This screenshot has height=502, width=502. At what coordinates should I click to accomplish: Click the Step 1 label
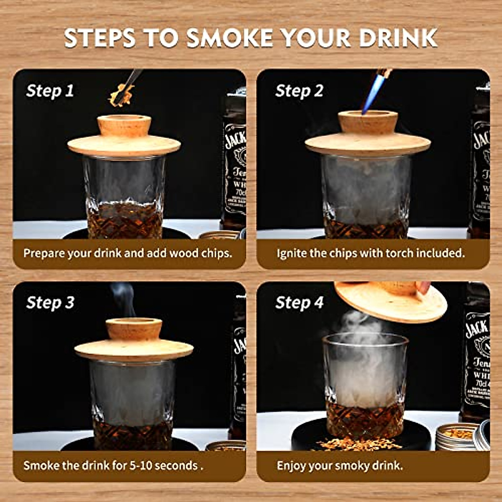click(50, 91)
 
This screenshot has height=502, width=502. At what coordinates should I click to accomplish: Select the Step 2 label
click(299, 91)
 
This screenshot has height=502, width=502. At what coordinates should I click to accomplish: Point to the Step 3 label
click(50, 302)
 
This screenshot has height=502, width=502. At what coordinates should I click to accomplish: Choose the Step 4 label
click(299, 302)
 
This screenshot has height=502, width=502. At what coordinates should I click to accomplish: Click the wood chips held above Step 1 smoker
click(121, 95)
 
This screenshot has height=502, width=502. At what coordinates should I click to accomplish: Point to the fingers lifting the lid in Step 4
click(423, 287)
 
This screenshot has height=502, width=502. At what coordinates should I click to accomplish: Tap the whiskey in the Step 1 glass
click(125, 220)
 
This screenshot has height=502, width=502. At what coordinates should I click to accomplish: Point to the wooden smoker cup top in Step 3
click(134, 328)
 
